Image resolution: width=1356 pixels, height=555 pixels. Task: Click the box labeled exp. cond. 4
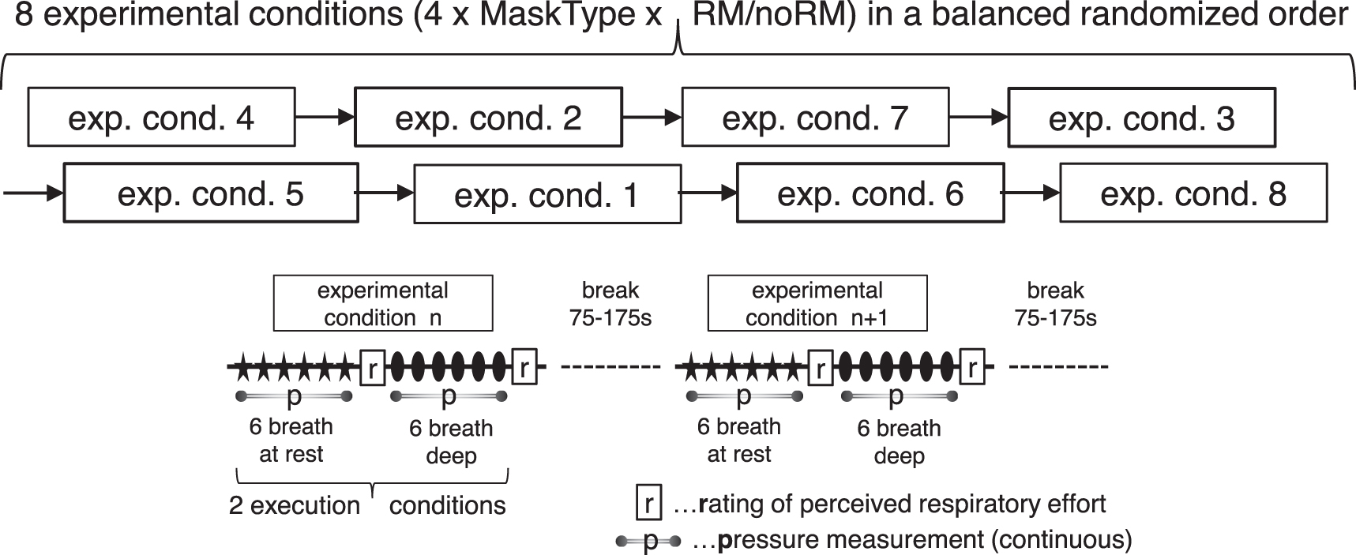tap(161, 117)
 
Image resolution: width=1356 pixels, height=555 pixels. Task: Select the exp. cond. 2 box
tap(488, 118)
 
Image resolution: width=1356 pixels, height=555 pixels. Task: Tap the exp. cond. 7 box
tap(815, 118)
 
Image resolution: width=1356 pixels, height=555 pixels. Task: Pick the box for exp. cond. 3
tap(1141, 118)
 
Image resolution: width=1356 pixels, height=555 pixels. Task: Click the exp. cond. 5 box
tap(210, 193)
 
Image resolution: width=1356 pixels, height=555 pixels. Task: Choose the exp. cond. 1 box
tap(547, 194)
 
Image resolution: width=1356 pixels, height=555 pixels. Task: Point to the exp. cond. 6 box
tap(870, 193)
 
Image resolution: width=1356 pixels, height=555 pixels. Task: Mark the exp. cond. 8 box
tap(1193, 193)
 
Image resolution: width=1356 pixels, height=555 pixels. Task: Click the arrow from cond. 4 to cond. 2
tap(325, 118)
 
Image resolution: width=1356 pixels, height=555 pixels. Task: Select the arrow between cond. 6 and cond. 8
tap(1031, 193)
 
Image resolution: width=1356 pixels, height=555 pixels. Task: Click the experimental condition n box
tap(383, 303)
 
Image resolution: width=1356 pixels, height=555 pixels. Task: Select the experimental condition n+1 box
tap(817, 303)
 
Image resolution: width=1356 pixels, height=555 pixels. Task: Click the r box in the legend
tap(648, 504)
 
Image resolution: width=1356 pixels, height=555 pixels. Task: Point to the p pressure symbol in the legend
tap(648, 542)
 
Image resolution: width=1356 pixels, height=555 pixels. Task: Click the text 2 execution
tap(294, 505)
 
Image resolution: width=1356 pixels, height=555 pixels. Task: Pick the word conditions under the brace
tap(447, 505)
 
